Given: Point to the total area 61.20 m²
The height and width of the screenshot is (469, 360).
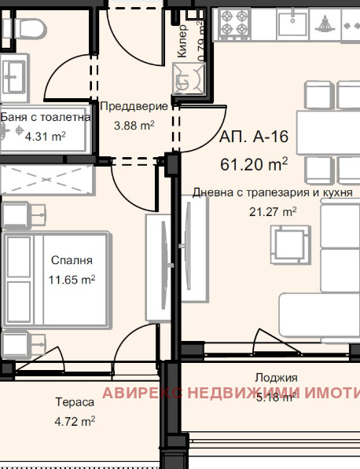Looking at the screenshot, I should tap(254, 164).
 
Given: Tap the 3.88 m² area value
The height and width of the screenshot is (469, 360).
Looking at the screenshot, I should tap(134, 124).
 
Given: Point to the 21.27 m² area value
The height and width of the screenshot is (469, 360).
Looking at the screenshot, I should tap(273, 211).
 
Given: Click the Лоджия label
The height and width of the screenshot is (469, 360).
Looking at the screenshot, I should tap(276, 378).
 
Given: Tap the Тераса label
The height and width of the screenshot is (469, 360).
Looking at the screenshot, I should tap(75, 402).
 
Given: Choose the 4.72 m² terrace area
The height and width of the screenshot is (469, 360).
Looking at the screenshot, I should tap(75, 421).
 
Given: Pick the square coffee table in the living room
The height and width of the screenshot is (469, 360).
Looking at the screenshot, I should tap(288, 240).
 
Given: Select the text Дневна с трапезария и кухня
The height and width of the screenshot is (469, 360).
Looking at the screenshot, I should tap(273, 192).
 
